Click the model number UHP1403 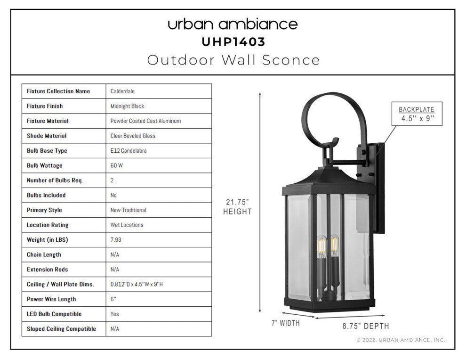[233, 42]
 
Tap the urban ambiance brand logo [233, 24]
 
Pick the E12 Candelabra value [129, 150]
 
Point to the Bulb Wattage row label [45, 166]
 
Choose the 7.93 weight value [116, 240]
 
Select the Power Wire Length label [51, 299]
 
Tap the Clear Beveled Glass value [133, 136]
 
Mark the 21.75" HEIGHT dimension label [237, 207]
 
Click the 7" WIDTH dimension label [286, 323]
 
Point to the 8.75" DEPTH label [366, 326]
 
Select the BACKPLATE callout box [417, 114]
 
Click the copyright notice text [401, 340]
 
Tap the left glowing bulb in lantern [321, 246]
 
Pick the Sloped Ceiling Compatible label [61, 329]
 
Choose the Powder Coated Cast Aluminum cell [145, 121]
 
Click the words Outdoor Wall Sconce [233, 60]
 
